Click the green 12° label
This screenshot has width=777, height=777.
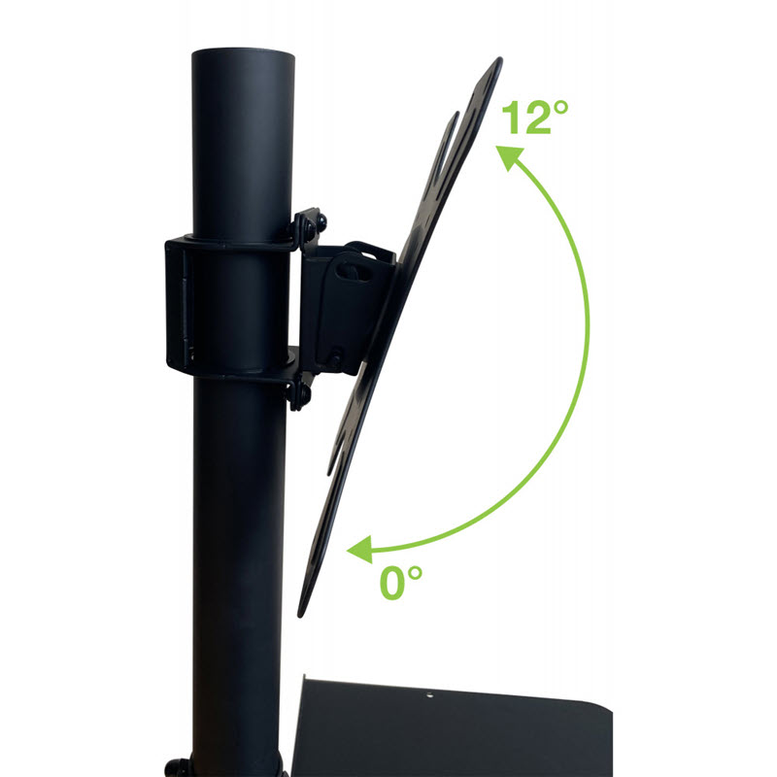[535, 117]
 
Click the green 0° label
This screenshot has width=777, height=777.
[401, 583]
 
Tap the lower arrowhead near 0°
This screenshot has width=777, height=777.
[360, 549]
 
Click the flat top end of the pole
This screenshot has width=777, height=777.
[243, 52]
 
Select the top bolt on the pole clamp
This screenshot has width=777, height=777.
[311, 224]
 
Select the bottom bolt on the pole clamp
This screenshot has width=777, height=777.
[300, 393]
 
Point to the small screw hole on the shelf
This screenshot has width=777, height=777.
[429, 695]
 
